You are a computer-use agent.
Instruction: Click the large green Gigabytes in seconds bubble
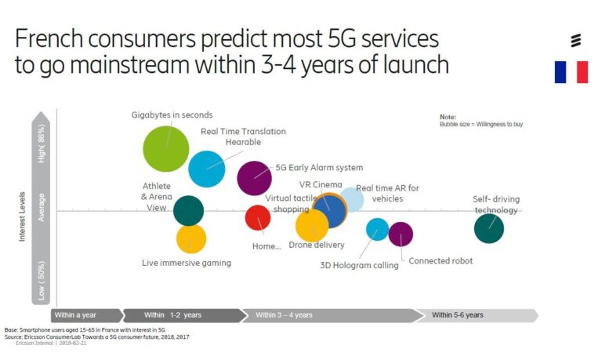[x=166, y=148]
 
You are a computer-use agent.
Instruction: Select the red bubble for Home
[x=258, y=217]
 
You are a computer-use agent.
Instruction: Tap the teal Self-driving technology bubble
[x=489, y=228]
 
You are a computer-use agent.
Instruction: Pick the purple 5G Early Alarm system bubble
[x=254, y=178]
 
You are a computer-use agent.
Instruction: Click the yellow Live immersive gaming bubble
[x=191, y=238]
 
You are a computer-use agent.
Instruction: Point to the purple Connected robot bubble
[x=401, y=234]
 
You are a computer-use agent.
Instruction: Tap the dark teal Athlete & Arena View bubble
[x=188, y=210]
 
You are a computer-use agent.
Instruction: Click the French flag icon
[x=571, y=72]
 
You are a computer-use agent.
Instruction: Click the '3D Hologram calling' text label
[x=359, y=265]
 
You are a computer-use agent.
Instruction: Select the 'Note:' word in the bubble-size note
[x=447, y=116]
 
